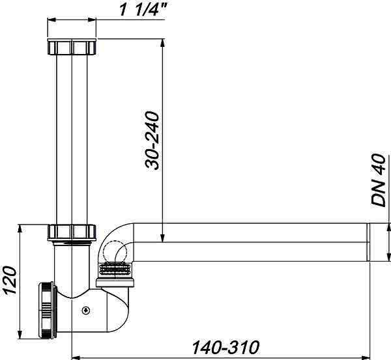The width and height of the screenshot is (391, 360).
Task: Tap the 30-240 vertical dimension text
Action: [x=152, y=141]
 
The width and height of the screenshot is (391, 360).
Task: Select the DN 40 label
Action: [x=378, y=180]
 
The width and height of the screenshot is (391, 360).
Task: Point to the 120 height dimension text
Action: [x=9, y=280]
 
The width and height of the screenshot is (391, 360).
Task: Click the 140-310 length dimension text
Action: [x=225, y=347]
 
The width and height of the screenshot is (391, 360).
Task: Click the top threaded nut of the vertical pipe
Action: [x=72, y=47]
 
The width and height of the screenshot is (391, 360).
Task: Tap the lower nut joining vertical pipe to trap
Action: [x=72, y=232]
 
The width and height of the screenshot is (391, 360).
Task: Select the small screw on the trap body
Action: [x=86, y=311]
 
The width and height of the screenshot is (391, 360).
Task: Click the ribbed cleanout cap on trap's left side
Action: [x=47, y=310]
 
